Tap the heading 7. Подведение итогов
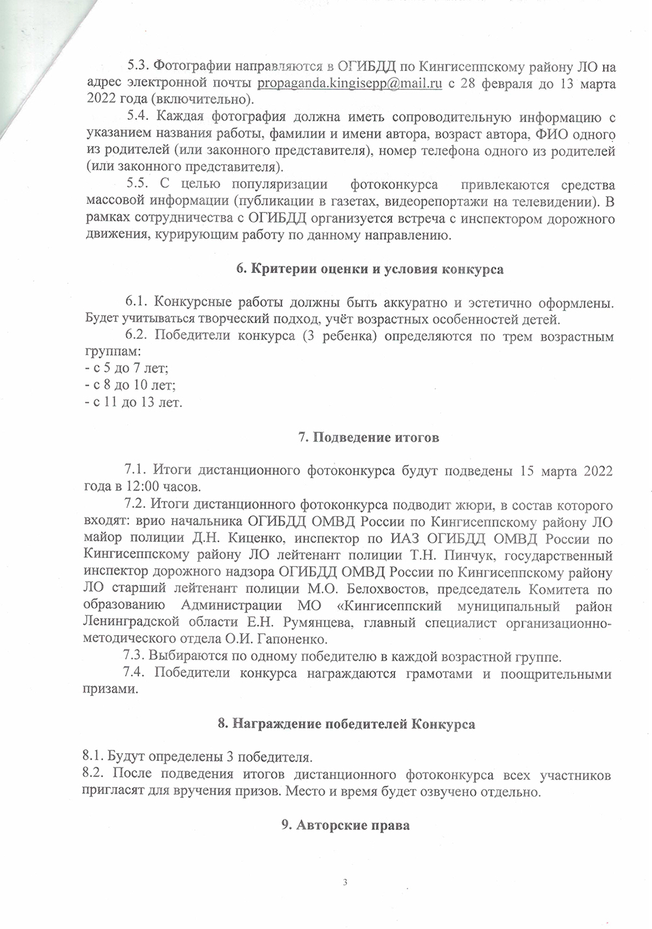(x=368, y=437)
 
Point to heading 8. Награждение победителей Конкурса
(x=346, y=724)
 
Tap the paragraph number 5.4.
(x=138, y=117)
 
